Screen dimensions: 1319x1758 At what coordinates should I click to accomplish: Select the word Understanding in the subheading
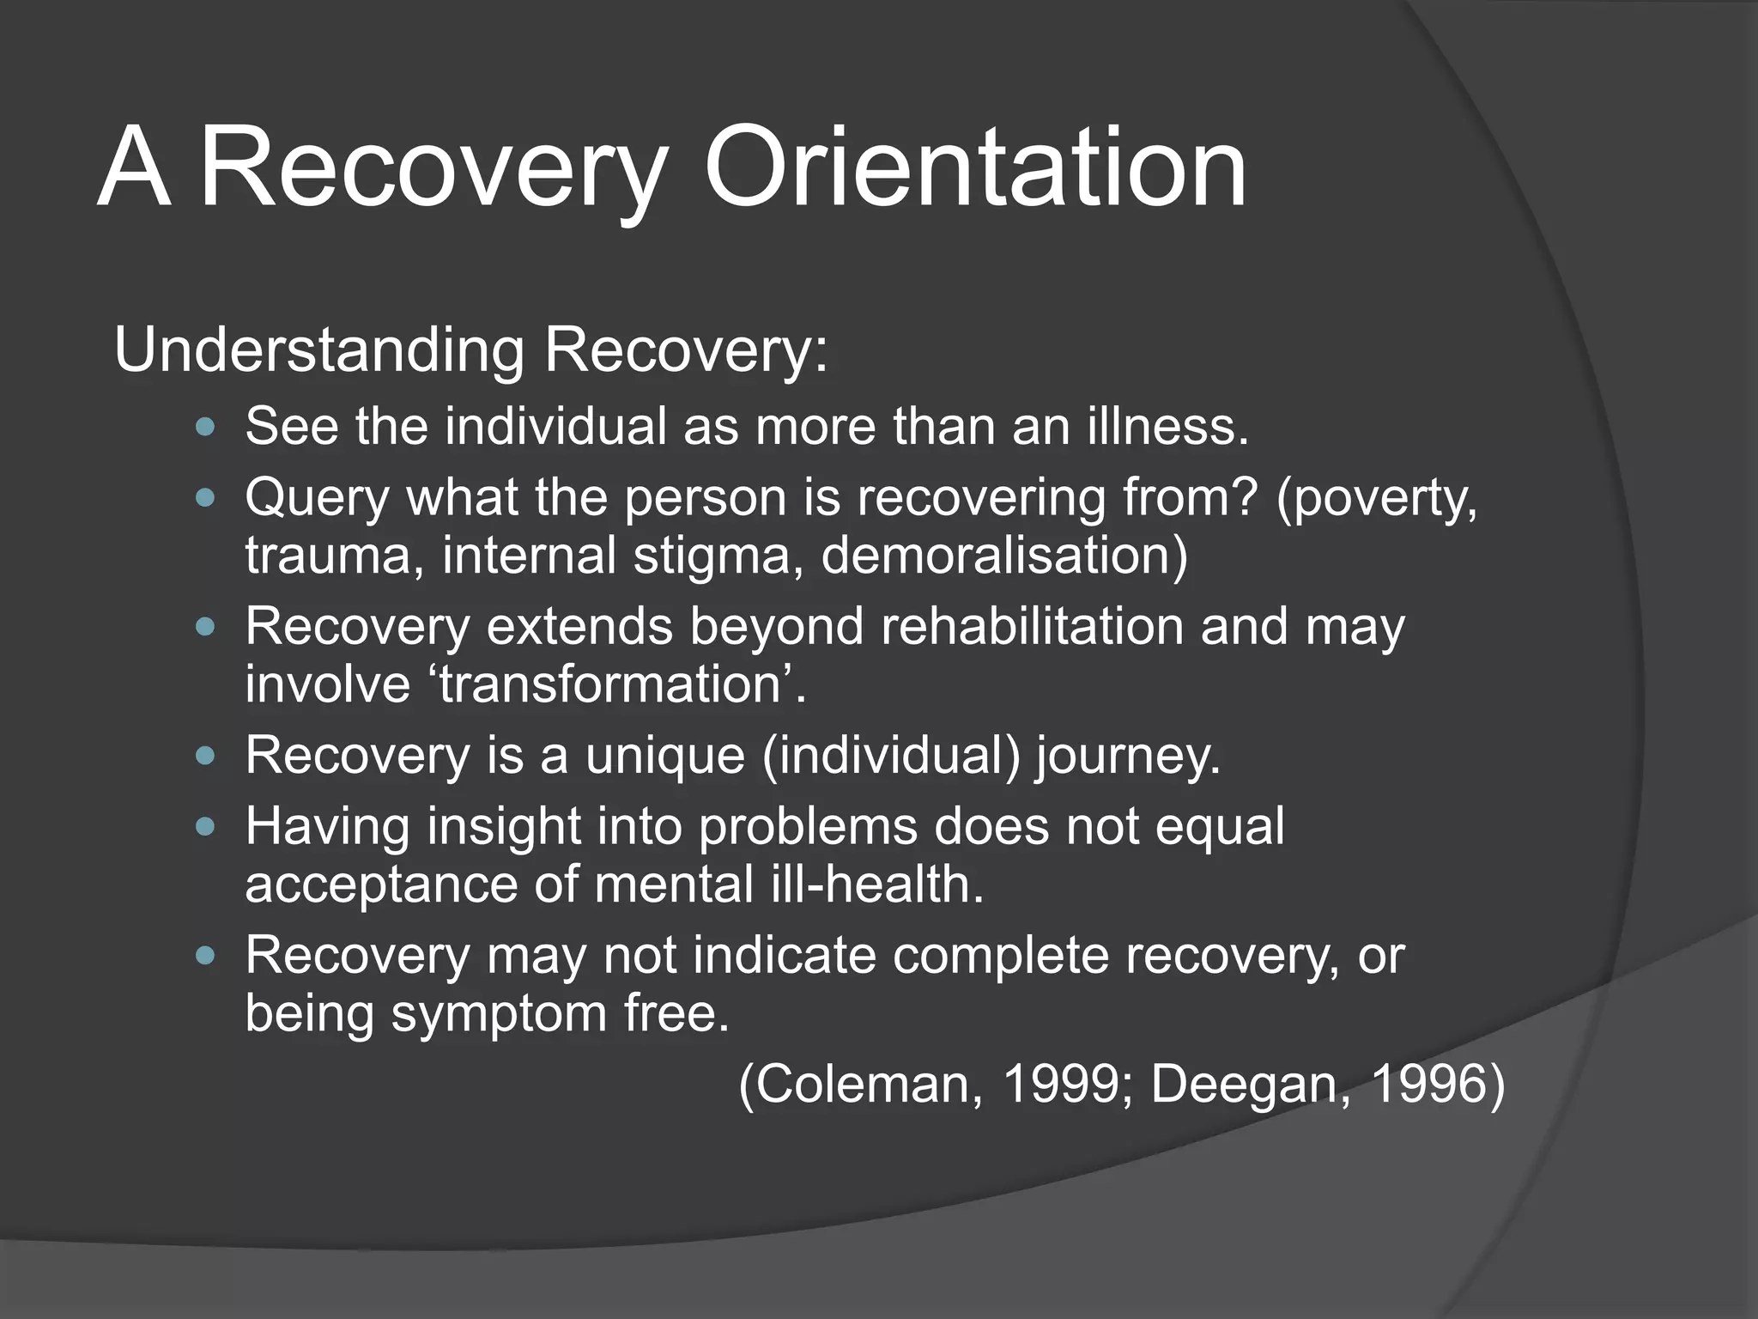pyautogui.click(x=318, y=350)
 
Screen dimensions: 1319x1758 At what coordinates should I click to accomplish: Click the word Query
pyautogui.click(x=317, y=498)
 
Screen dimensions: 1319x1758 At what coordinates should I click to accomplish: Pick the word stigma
pyautogui.click(x=718, y=556)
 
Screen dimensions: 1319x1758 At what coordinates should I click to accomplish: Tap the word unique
pyautogui.click(x=664, y=757)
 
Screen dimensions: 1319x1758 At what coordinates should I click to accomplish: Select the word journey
pyautogui.click(x=1126, y=757)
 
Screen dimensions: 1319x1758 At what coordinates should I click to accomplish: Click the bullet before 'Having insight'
pyautogui.click(x=205, y=827)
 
